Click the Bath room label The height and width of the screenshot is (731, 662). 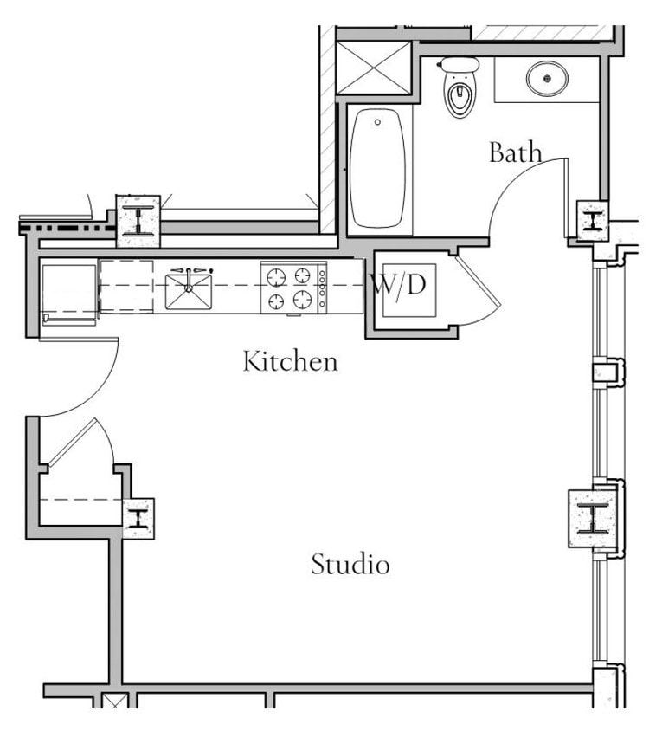click(x=516, y=152)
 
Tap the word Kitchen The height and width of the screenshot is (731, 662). click(x=290, y=360)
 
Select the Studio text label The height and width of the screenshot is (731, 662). click(x=350, y=565)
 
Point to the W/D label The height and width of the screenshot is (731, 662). click(x=399, y=283)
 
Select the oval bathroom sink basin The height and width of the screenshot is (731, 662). click(x=547, y=80)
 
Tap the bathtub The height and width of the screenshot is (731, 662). click(x=378, y=168)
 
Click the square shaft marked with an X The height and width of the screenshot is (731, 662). click(x=373, y=68)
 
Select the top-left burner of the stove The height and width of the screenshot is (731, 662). click(x=276, y=276)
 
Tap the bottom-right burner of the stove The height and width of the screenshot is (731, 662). click(x=302, y=301)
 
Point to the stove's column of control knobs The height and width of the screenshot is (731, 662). click(x=323, y=288)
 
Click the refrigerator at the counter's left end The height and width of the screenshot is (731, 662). click(x=68, y=292)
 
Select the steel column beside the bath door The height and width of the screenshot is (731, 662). click(x=592, y=220)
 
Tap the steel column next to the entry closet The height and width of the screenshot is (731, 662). click(x=138, y=519)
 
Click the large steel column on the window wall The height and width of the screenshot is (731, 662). click(x=592, y=518)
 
